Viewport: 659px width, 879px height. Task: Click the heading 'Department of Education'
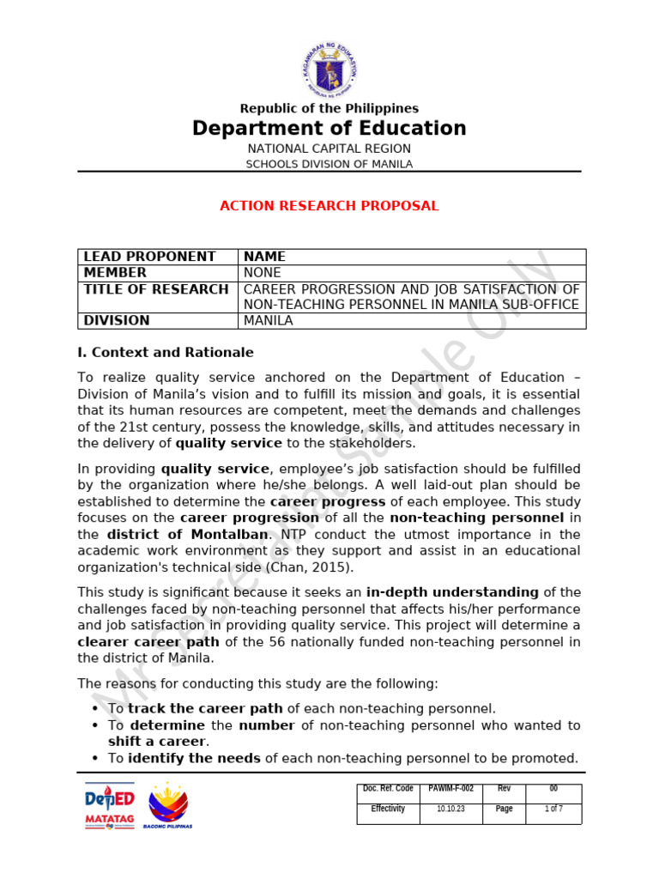coord(329,129)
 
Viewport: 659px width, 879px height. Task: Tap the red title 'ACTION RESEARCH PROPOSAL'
coord(329,206)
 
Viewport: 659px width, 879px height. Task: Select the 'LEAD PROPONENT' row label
coord(150,257)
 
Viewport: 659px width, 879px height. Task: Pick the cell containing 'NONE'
coord(263,273)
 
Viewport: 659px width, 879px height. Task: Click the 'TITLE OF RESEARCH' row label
coord(156,289)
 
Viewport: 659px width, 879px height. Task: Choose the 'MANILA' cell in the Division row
coord(269,321)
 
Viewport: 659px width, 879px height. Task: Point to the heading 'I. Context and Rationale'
coord(166,353)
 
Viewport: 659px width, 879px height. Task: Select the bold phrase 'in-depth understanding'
coord(452,592)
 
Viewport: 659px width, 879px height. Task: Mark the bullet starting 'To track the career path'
coord(300,709)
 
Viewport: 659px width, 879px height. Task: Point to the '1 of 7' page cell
coord(553,809)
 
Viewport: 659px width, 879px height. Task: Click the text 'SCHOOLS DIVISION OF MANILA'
coord(329,164)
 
